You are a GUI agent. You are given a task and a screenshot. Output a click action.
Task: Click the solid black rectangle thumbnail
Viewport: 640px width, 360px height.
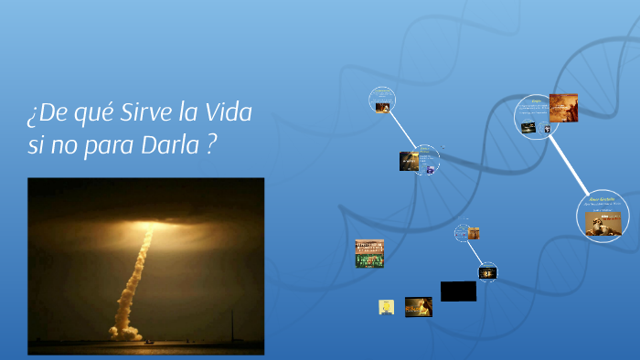(x=458, y=291)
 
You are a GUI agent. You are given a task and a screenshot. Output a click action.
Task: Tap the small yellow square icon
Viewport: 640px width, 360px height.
(x=386, y=307)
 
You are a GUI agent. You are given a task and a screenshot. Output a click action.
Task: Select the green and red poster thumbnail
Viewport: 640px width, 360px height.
(x=369, y=254)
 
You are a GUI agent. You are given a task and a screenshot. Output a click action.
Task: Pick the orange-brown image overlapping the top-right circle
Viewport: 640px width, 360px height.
(x=563, y=108)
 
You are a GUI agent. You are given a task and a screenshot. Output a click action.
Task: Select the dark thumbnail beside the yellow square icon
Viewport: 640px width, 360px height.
(x=419, y=307)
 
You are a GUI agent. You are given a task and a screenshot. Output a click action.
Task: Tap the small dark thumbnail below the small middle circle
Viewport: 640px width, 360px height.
(x=487, y=272)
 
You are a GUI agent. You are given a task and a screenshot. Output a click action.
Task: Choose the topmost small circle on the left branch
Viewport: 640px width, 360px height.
(x=382, y=99)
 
